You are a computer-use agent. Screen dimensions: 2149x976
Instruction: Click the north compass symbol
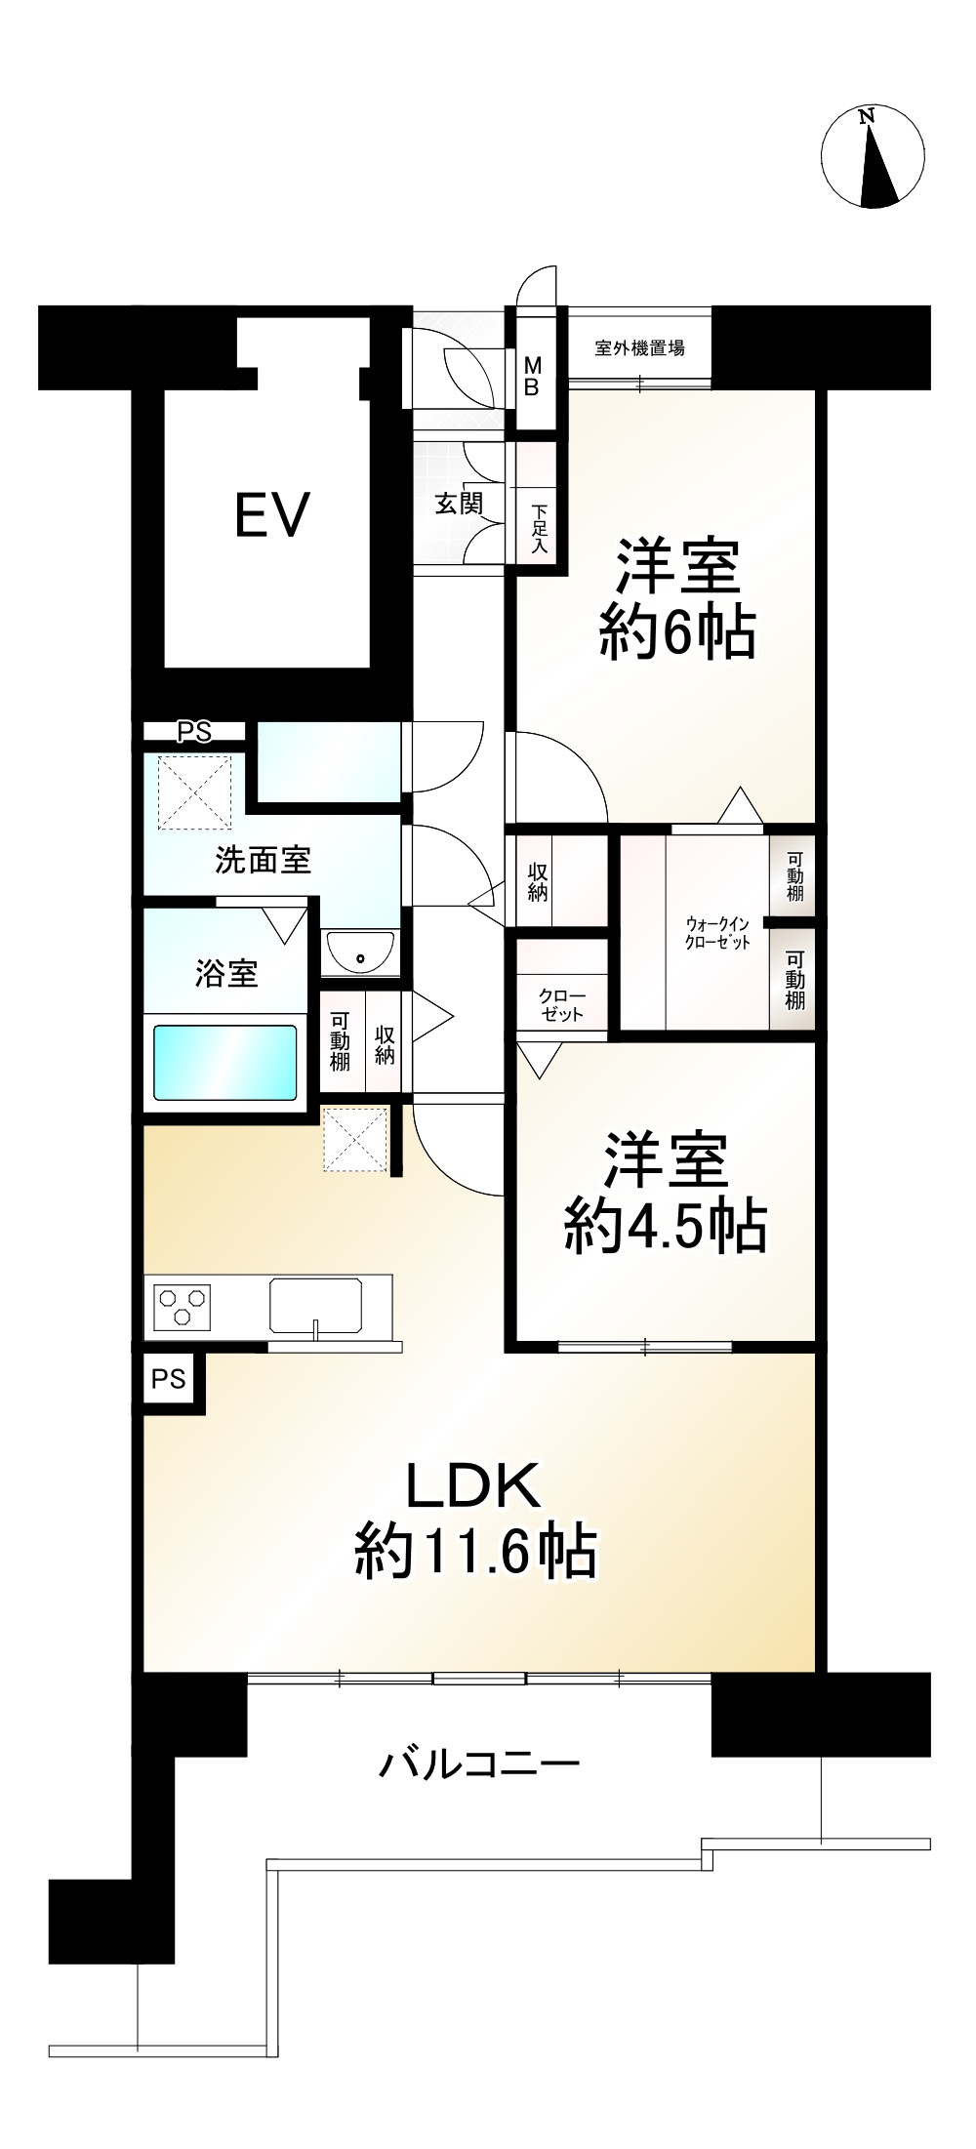pyautogui.click(x=873, y=156)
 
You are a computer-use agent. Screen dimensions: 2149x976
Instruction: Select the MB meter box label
pyautogui.click(x=532, y=376)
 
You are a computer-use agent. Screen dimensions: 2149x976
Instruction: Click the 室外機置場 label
pyautogui.click(x=639, y=347)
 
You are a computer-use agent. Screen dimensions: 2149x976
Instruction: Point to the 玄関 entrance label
pyautogui.click(x=458, y=504)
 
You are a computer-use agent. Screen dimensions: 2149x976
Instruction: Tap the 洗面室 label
pyautogui.click(x=263, y=860)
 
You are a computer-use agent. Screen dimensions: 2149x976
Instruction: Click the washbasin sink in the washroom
pyautogui.click(x=360, y=951)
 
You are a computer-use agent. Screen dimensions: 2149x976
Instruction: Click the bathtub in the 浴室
pyautogui.click(x=224, y=1062)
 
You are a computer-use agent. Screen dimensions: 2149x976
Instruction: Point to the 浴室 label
pyautogui.click(x=226, y=973)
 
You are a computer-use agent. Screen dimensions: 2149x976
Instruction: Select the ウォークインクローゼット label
pyautogui.click(x=717, y=932)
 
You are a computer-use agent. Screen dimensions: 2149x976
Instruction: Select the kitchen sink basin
pyautogui.click(x=315, y=1304)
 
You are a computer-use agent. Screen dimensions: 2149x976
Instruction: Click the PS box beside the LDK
pyautogui.click(x=169, y=1378)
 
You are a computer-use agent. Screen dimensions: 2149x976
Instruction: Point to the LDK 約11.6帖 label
pyautogui.click(x=475, y=1518)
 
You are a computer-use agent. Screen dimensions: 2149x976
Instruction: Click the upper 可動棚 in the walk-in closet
pyautogui.click(x=794, y=875)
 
